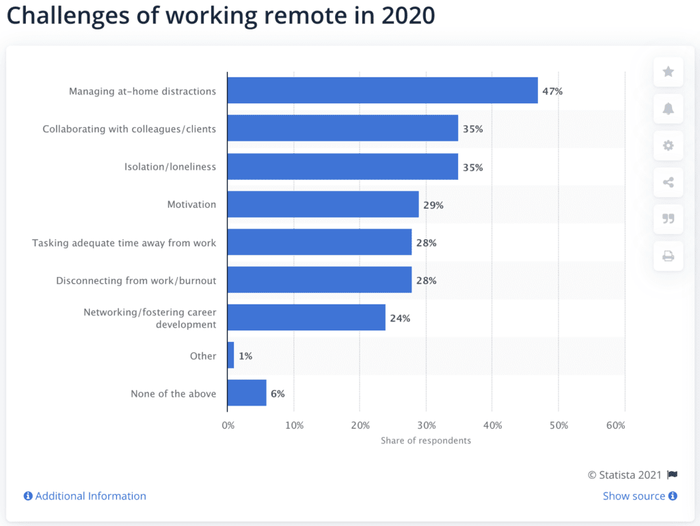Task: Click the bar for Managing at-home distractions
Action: tap(382, 91)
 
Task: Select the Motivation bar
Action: tap(323, 205)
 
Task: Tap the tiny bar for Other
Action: tap(230, 356)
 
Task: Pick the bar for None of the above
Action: tap(247, 393)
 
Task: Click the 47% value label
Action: tap(552, 91)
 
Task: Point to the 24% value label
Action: tap(400, 318)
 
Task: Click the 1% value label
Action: tap(246, 356)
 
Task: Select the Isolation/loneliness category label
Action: tap(170, 167)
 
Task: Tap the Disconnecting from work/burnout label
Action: tap(136, 280)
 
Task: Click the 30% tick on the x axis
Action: tap(427, 425)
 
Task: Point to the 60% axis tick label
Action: tap(615, 425)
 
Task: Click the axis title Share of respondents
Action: tap(426, 440)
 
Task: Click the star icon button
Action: tap(668, 72)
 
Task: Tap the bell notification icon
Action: tap(668, 109)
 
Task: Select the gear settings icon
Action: tap(668, 146)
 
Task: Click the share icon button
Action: tap(668, 183)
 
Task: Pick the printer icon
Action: tap(668, 257)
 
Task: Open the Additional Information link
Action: tap(90, 496)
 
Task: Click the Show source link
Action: tap(634, 496)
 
